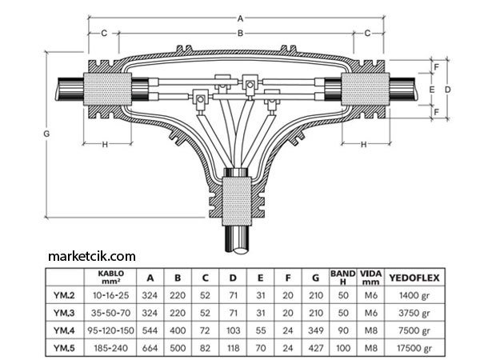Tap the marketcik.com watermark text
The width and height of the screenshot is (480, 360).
tap(92, 256)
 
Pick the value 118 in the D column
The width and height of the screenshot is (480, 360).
tap(232, 349)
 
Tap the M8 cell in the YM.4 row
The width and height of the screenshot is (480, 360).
tap(370, 331)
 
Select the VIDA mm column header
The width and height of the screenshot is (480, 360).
tap(370, 278)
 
